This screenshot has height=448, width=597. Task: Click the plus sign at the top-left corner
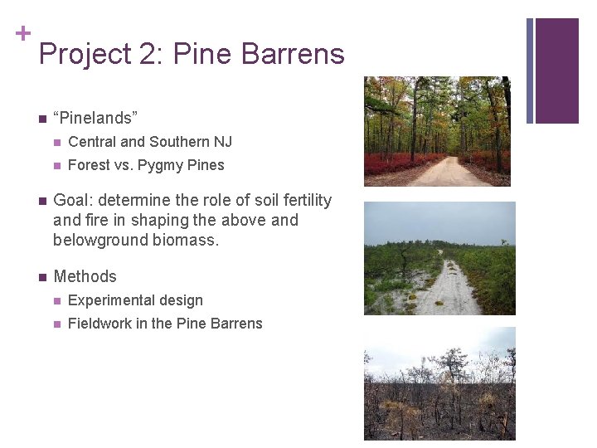22,33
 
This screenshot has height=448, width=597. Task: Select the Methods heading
85,276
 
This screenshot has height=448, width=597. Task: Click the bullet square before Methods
40,277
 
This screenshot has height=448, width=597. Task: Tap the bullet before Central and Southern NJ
56,142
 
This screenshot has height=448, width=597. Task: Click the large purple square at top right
556,71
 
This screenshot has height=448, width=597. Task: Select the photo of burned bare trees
439,383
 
